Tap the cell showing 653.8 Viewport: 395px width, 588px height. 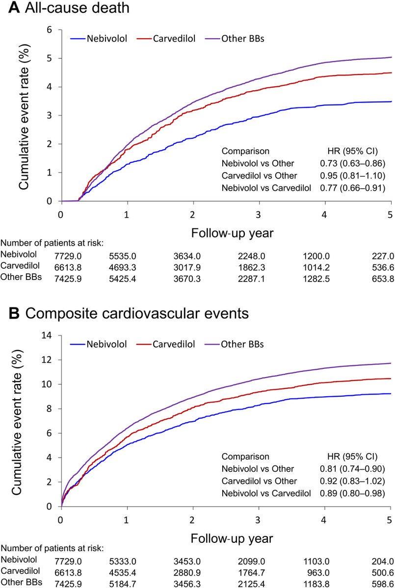(x=380, y=278)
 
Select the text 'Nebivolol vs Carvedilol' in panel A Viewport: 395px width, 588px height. (x=265, y=187)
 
